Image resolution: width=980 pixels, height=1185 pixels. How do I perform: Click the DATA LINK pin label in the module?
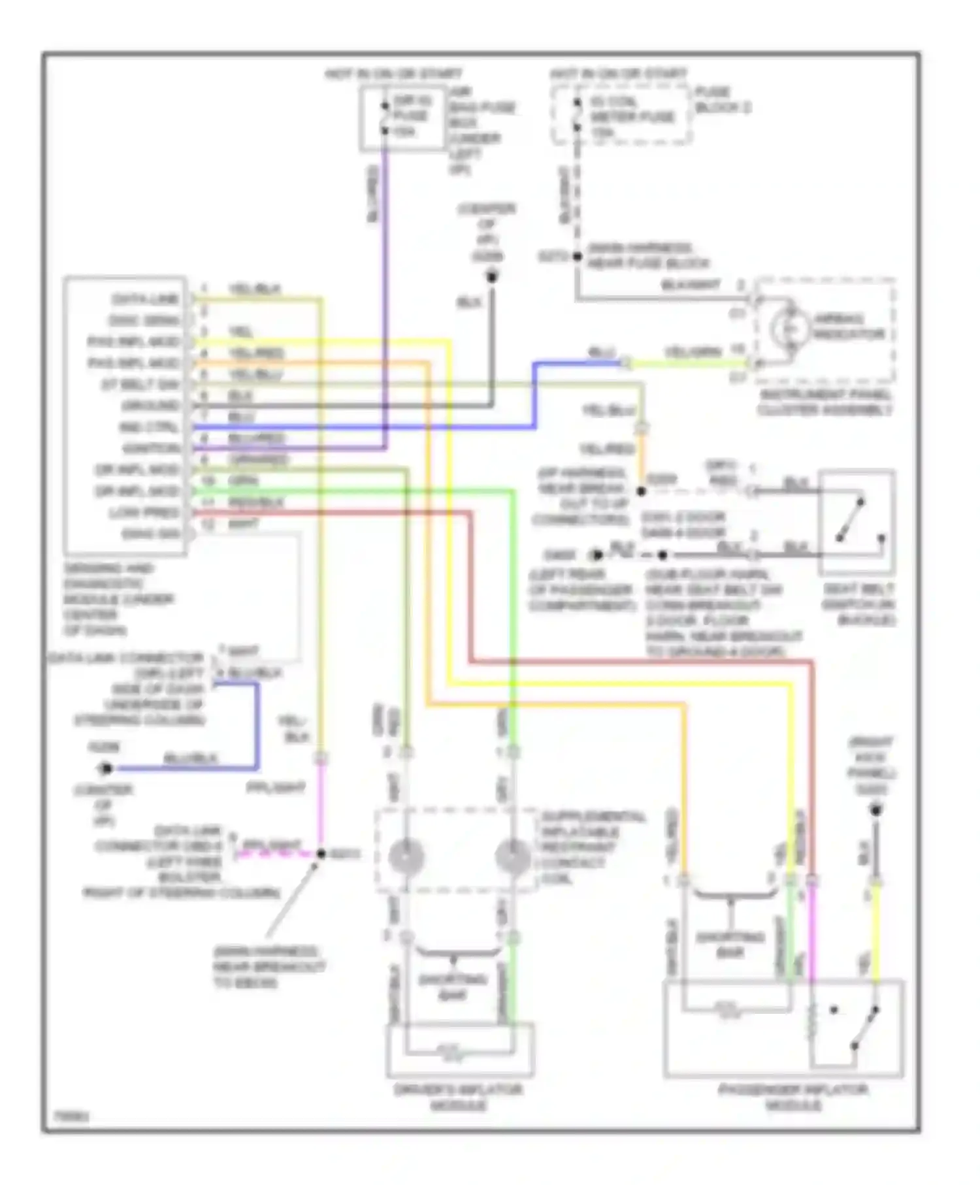pyautogui.click(x=145, y=299)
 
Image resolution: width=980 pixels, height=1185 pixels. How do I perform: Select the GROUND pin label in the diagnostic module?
pyautogui.click(x=150, y=406)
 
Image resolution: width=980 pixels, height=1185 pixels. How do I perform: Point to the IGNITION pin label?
pyautogui.click(x=151, y=448)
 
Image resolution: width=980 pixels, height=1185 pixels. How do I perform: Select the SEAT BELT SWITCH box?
pyautogui.click(x=857, y=521)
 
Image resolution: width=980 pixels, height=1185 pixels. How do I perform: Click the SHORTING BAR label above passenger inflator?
pyautogui.click(x=730, y=945)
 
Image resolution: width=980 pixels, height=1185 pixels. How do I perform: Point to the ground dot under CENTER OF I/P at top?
pyautogui.click(x=492, y=278)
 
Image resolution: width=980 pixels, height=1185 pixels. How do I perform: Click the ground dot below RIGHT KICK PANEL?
pyautogui.click(x=875, y=811)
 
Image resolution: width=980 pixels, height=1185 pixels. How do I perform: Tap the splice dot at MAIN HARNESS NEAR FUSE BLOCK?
pyautogui.click(x=577, y=257)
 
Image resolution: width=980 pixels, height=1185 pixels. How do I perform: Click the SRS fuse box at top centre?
pyautogui.click(x=403, y=118)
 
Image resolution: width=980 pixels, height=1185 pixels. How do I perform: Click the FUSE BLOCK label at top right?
pyautogui.click(x=722, y=100)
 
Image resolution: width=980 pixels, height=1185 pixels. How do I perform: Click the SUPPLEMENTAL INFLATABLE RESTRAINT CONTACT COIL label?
pyautogui.click(x=593, y=847)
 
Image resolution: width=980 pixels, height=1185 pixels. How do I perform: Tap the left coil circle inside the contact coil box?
pyautogui.click(x=406, y=856)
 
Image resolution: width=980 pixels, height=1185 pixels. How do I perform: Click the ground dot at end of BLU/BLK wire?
pyautogui.click(x=105, y=768)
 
